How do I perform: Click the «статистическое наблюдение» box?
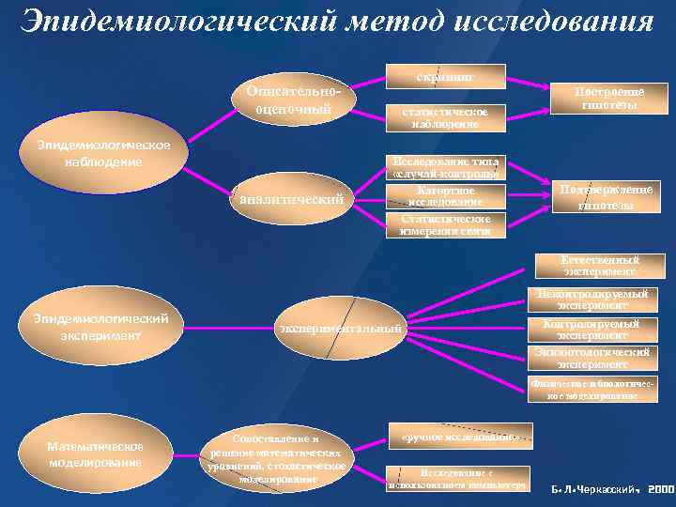pos(446,116)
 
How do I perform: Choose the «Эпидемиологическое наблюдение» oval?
pos(103,153)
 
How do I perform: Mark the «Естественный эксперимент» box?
pos(600,266)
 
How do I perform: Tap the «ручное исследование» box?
pos(459,437)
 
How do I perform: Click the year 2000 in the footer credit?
pos(660,489)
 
